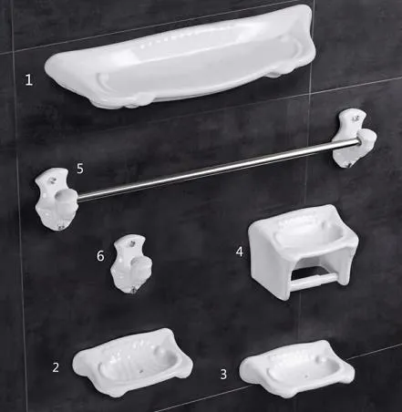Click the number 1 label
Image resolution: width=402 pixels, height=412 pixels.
(x=29, y=80)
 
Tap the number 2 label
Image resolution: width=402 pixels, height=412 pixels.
(x=56, y=367)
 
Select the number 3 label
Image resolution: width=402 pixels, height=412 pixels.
(x=223, y=374)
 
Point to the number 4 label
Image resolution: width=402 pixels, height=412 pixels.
(x=239, y=251)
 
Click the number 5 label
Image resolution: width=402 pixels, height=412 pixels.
(x=80, y=169)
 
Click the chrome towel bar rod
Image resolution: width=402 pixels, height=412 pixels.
(x=210, y=165)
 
